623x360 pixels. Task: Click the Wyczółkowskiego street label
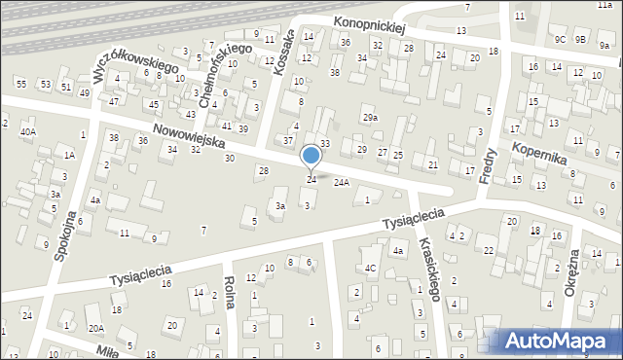pos(135,60)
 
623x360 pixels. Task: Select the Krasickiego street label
pos(430,273)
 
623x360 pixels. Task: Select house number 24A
pos(341,182)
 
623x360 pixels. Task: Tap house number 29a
pos(370,118)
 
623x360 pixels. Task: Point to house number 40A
pos(28,131)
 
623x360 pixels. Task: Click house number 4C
pos(370,268)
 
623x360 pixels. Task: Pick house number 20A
pos(95,328)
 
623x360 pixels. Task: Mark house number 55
pos(20,85)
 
